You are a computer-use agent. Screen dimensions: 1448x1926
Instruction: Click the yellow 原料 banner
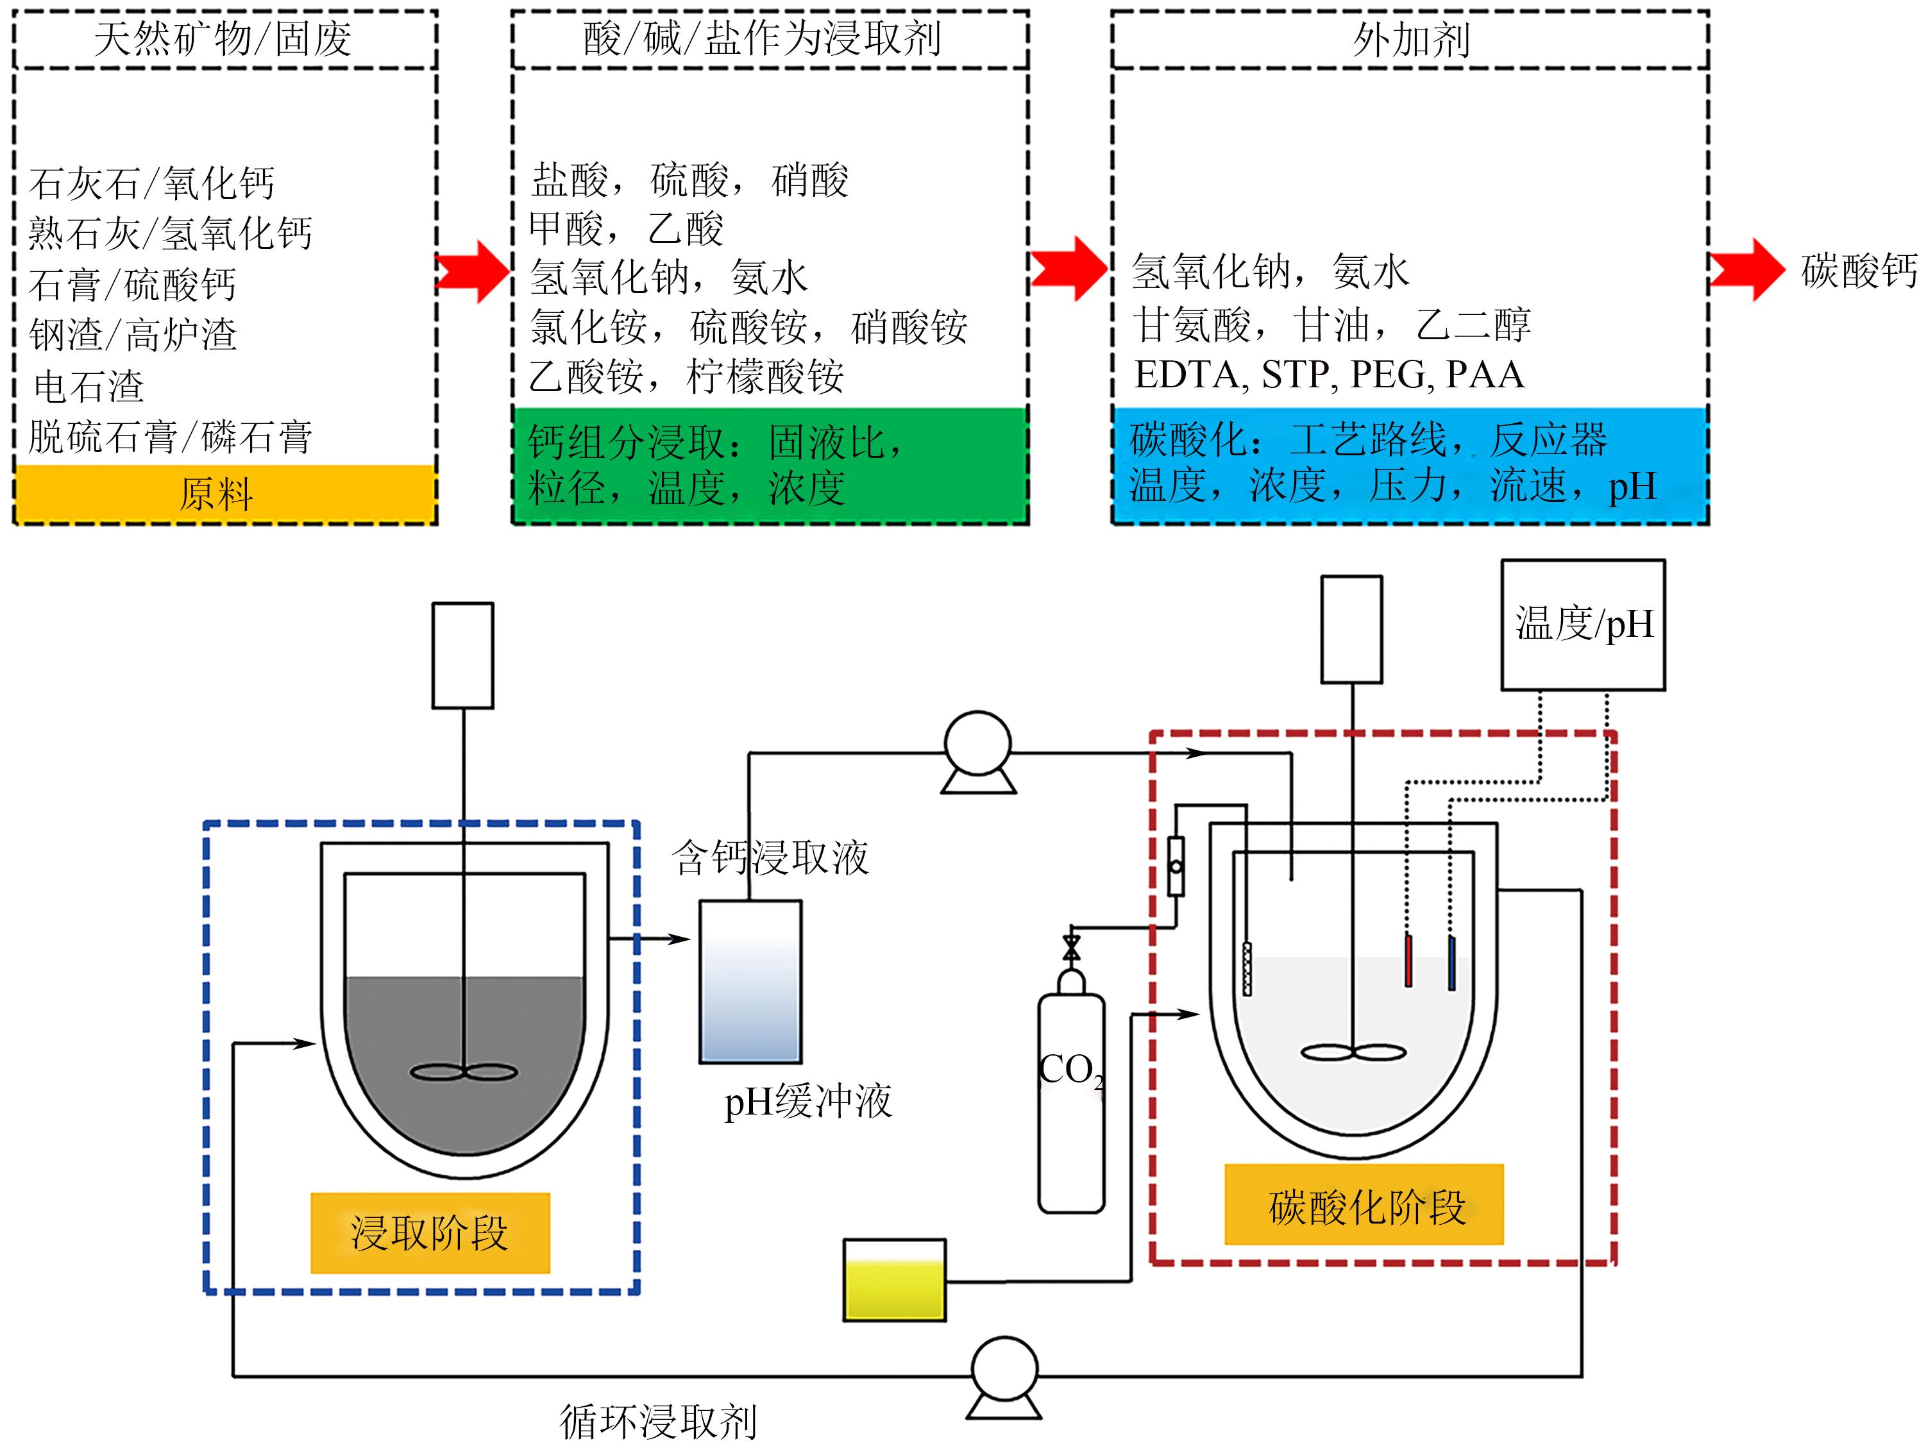click(224, 494)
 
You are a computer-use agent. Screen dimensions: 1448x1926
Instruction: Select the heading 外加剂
click(1410, 39)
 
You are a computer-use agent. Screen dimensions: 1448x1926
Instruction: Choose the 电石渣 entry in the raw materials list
click(88, 385)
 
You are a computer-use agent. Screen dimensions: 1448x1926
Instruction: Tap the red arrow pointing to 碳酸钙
click(1746, 270)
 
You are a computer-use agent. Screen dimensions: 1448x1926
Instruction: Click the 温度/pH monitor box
click(1583, 625)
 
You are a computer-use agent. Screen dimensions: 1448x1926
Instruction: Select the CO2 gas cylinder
click(1071, 1097)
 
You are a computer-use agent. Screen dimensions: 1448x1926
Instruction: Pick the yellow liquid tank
click(894, 1279)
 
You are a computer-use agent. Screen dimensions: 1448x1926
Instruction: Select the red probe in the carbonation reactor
click(1408, 961)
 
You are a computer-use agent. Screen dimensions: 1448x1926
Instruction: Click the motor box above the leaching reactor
click(463, 655)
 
